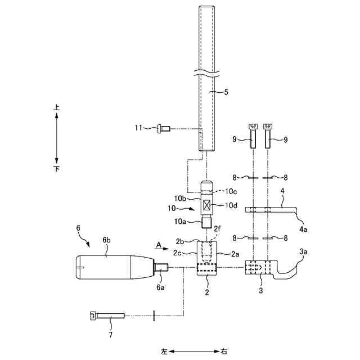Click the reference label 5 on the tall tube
pyautogui.click(x=226, y=92)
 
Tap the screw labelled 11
pyautogui.click(x=163, y=129)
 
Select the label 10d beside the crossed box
pyautogui.click(x=231, y=205)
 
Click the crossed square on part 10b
pyautogui.click(x=207, y=205)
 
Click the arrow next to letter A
pyautogui.click(x=164, y=249)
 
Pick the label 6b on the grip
pyautogui.click(x=106, y=240)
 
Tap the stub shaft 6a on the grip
pyautogui.click(x=161, y=268)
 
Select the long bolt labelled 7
pyautogui.click(x=107, y=316)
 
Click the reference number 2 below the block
pyautogui.click(x=207, y=292)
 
